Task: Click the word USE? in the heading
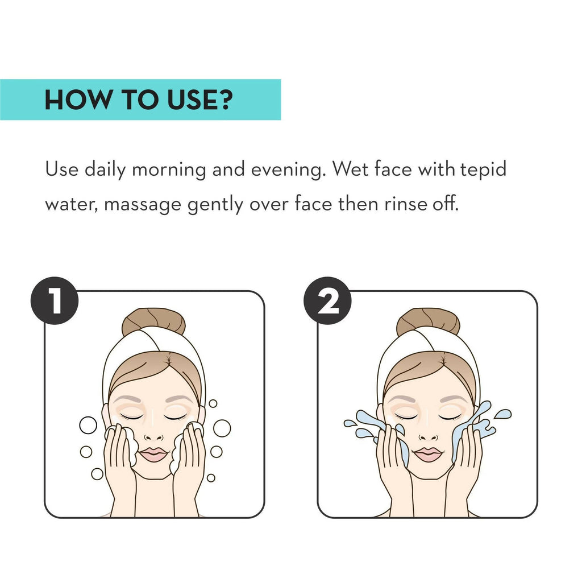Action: [x=199, y=100]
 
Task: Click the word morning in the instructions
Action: [x=169, y=170]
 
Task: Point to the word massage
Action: [x=143, y=205]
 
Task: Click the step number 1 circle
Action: [x=55, y=300]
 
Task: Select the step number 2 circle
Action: [x=328, y=300]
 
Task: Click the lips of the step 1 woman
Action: [x=153, y=454]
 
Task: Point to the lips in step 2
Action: [x=427, y=454]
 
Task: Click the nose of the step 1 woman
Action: [x=153, y=436]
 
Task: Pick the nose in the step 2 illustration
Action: [x=427, y=436]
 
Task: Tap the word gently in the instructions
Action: [x=215, y=205]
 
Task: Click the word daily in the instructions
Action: [x=105, y=170]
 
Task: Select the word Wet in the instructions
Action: [x=350, y=169]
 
